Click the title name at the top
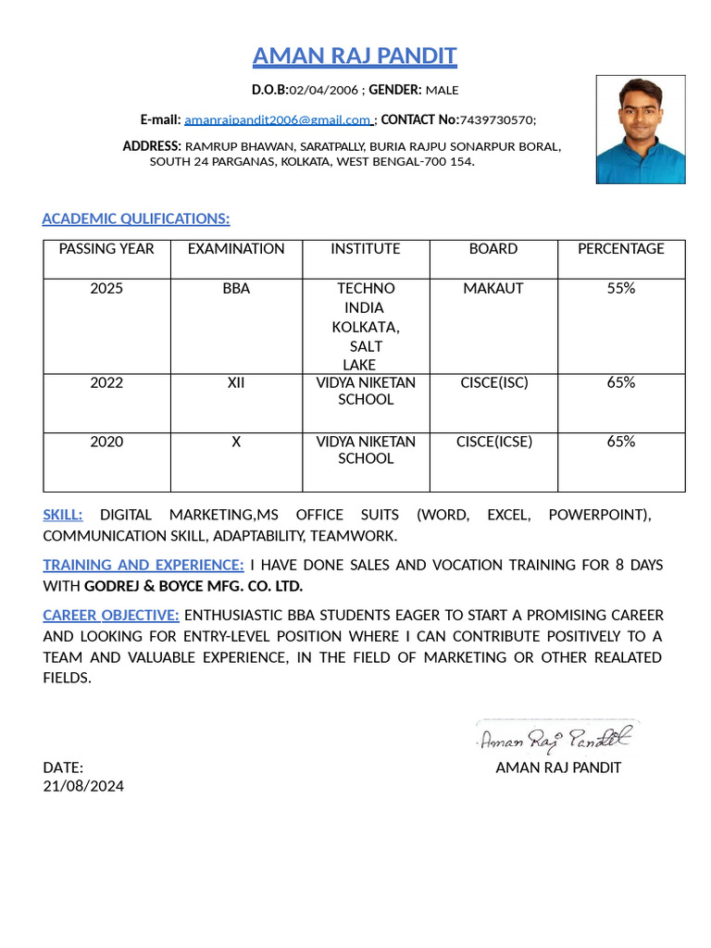tap(355, 56)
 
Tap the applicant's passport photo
tap(641, 130)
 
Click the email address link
tap(278, 120)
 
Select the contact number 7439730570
tap(495, 120)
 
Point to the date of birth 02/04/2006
tap(323, 90)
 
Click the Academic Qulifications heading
tap(136, 218)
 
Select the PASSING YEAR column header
tap(106, 249)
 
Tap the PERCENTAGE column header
tap(620, 249)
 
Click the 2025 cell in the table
tap(106, 289)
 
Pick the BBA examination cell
tap(236, 289)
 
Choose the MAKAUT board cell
tap(493, 289)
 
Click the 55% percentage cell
tap(620, 289)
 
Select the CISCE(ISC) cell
tap(493, 383)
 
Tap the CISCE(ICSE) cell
tap(493, 442)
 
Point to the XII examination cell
tap(236, 383)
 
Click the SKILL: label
tap(63, 515)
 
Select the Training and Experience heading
tap(143, 565)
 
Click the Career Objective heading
tap(111, 616)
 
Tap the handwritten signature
tap(555, 738)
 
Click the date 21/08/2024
tap(83, 786)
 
